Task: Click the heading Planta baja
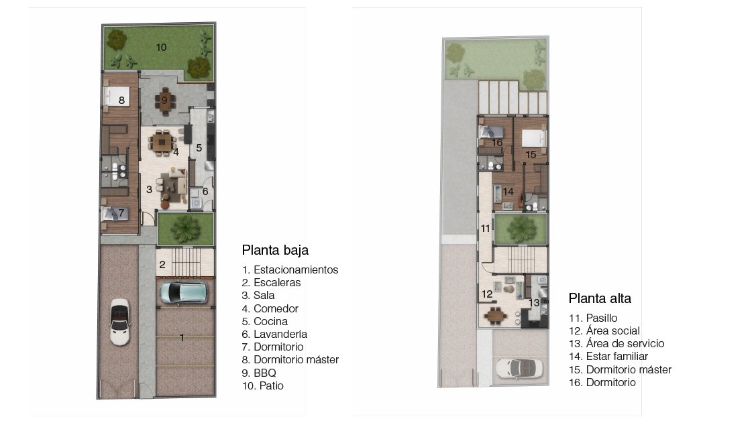(275, 250)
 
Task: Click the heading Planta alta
(600, 298)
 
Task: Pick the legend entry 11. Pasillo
(593, 318)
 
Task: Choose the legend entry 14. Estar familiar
(608, 357)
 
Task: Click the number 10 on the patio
(161, 48)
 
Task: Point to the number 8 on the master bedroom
(121, 100)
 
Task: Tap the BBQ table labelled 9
(164, 101)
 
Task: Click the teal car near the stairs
(184, 293)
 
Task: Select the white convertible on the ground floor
(120, 322)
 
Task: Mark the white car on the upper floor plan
(519, 369)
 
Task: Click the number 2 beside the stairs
(162, 264)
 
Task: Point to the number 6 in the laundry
(205, 192)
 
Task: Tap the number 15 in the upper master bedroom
(531, 155)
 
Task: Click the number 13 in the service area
(534, 303)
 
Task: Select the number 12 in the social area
(487, 294)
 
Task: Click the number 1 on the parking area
(182, 339)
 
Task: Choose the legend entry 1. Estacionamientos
(290, 269)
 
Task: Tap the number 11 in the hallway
(486, 229)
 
